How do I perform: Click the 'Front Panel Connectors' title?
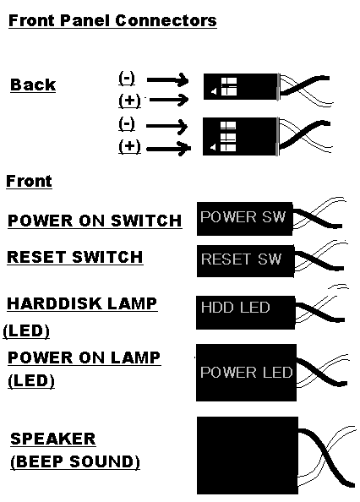point(112,20)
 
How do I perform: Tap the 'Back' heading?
point(33,85)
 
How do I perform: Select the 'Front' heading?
point(29,181)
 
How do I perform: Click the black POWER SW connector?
point(244,219)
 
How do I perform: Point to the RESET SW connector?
point(245,261)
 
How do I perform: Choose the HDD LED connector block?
point(245,313)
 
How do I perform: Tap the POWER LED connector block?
point(246,373)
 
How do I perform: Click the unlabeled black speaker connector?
point(248,456)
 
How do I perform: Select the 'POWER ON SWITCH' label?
point(95,221)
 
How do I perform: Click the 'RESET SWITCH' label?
point(75,258)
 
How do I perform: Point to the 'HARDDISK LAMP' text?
point(82,303)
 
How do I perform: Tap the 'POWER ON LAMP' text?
point(85,357)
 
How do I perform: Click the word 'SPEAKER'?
point(53,439)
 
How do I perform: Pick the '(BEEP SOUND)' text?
point(75,461)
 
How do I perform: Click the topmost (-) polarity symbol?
point(127,78)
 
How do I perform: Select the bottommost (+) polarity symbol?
point(129,147)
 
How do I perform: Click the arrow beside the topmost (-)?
point(167,80)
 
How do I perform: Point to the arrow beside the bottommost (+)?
point(168,149)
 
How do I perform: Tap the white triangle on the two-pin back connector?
point(214,92)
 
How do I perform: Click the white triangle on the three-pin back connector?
point(213,148)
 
